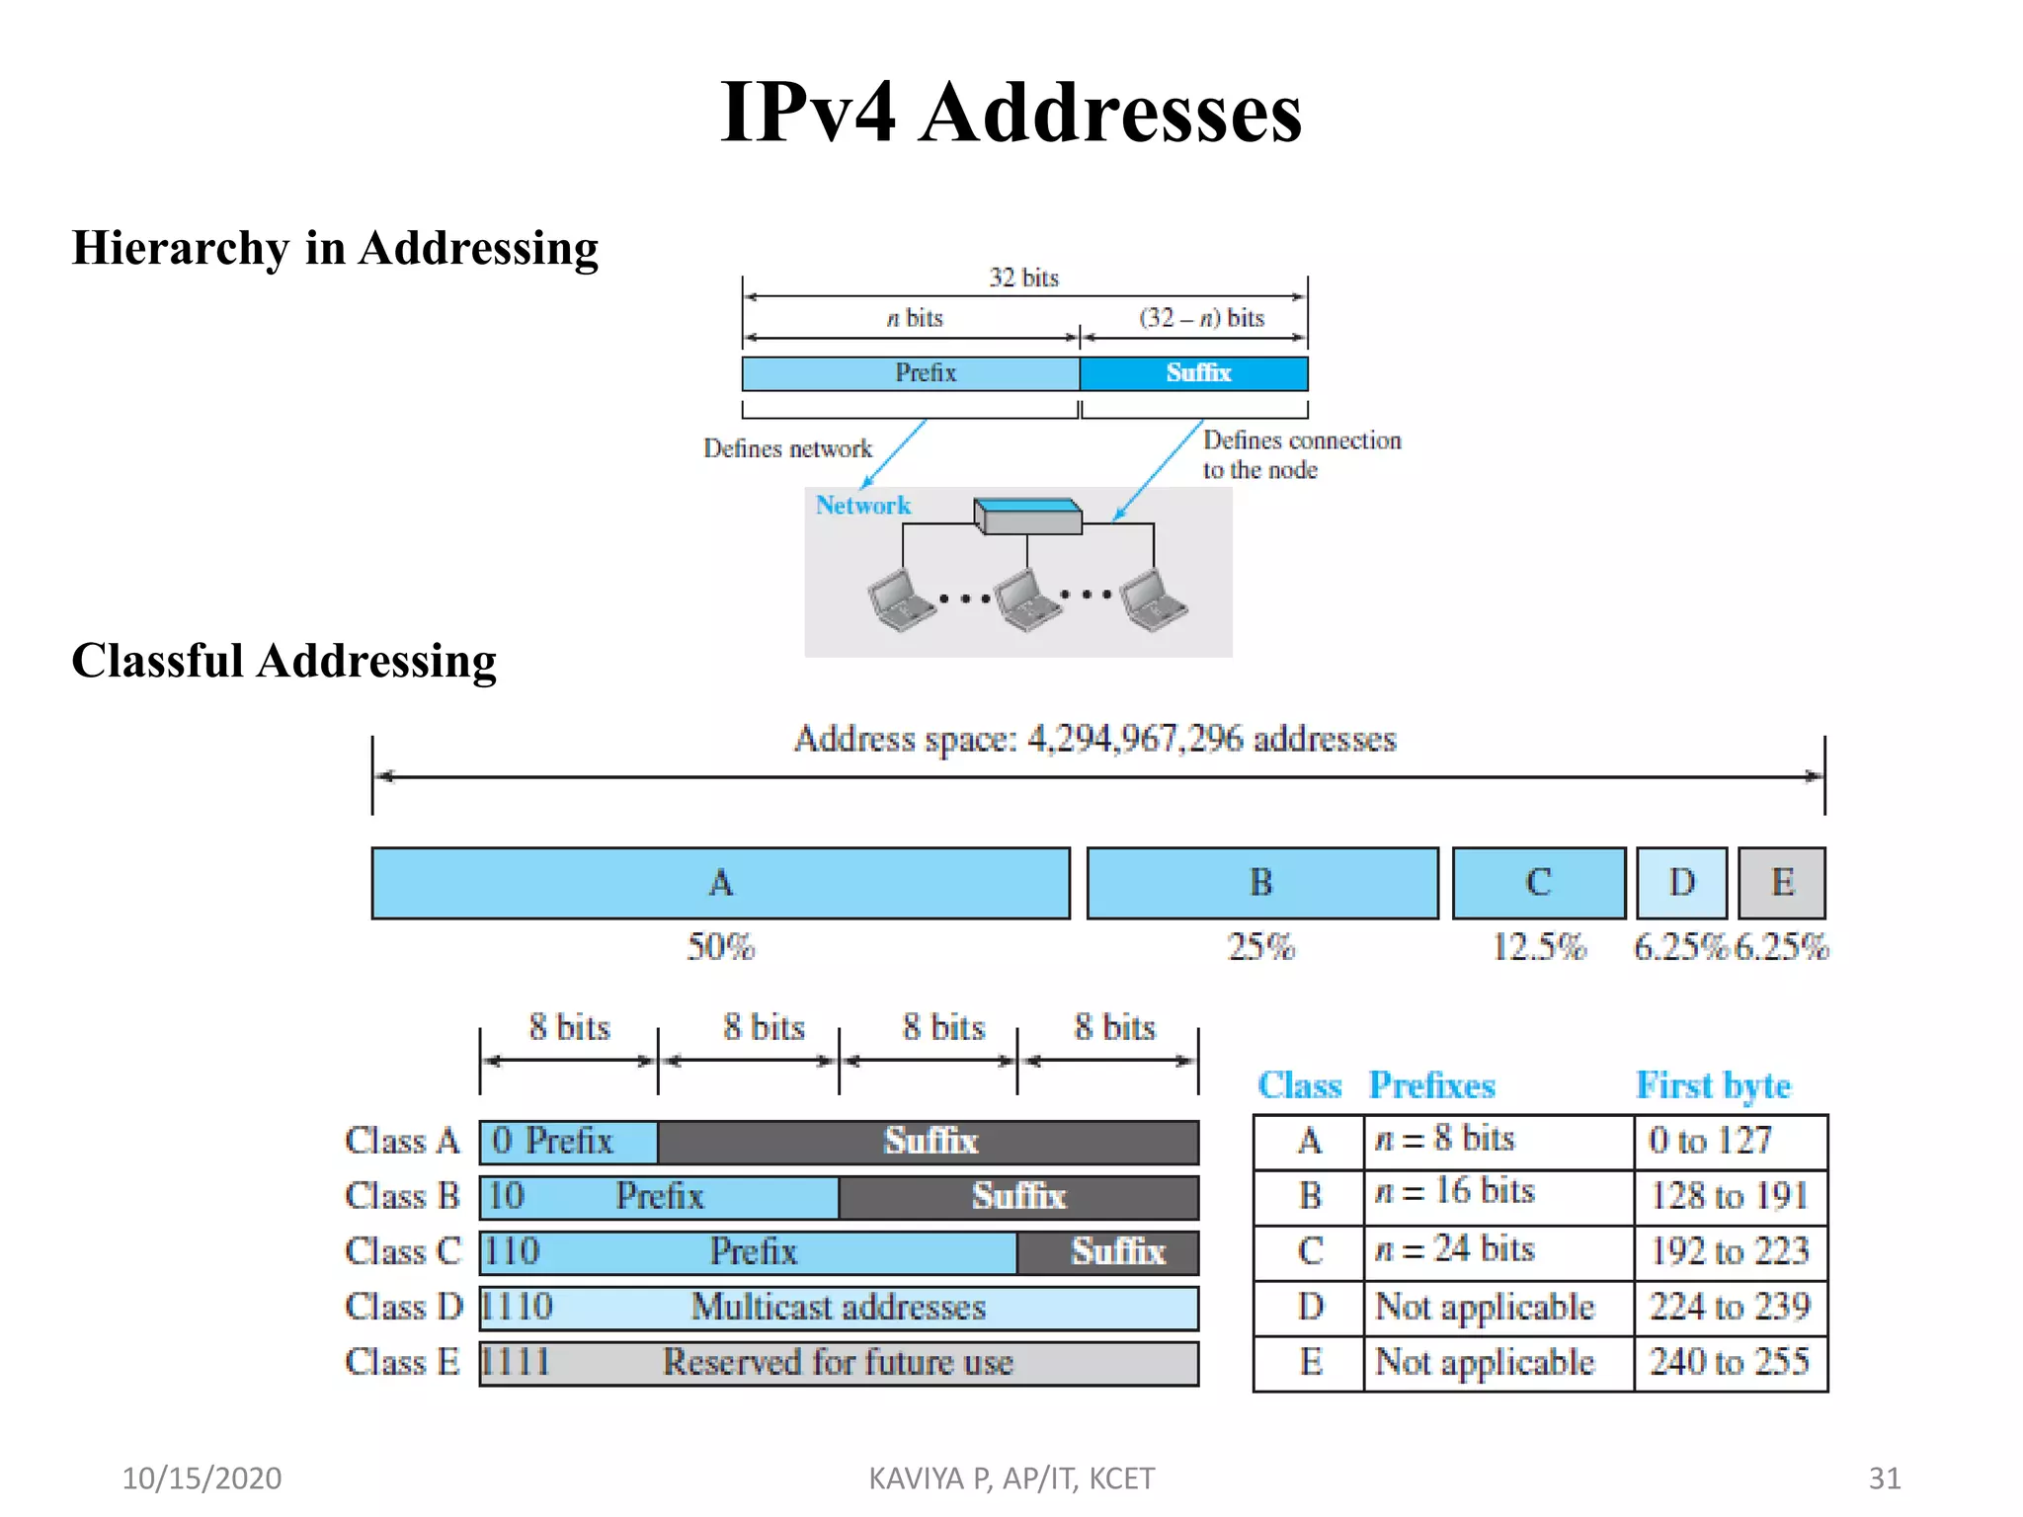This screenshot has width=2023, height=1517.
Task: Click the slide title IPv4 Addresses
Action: pyautogui.click(x=1011, y=112)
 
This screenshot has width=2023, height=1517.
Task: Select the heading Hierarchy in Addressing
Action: pyautogui.click(x=335, y=247)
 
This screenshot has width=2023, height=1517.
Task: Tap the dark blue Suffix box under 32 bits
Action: pyautogui.click(x=1194, y=373)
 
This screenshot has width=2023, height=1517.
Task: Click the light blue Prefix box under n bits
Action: pyautogui.click(x=911, y=373)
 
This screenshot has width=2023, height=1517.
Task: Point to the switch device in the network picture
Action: pyautogui.click(x=1027, y=516)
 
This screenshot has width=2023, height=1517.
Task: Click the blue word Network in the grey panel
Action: pyautogui.click(x=862, y=505)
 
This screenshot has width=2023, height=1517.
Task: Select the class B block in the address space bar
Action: pyautogui.click(x=1261, y=883)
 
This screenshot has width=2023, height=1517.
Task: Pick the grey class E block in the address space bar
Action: pyautogui.click(x=1781, y=883)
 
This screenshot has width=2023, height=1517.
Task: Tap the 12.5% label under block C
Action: pyautogui.click(x=1538, y=947)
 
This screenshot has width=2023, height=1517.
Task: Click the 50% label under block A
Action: pyautogui.click(x=720, y=947)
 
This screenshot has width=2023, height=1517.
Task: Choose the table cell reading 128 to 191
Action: pyautogui.click(x=1730, y=1196)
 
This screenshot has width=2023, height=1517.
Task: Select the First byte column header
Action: pyautogui.click(x=1713, y=1085)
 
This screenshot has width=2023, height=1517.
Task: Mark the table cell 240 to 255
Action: pyautogui.click(x=1730, y=1362)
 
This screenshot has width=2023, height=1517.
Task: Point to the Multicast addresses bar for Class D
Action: pyautogui.click(x=839, y=1308)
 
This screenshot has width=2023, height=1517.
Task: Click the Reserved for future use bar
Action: pyautogui.click(x=839, y=1363)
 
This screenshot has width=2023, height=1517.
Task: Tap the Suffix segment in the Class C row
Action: pyautogui.click(x=1108, y=1252)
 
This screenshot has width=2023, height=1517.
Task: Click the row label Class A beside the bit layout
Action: pyautogui.click(x=402, y=1141)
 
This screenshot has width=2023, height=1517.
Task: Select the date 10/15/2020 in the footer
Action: pyautogui.click(x=202, y=1477)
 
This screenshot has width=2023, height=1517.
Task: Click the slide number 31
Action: pyautogui.click(x=1884, y=1477)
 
